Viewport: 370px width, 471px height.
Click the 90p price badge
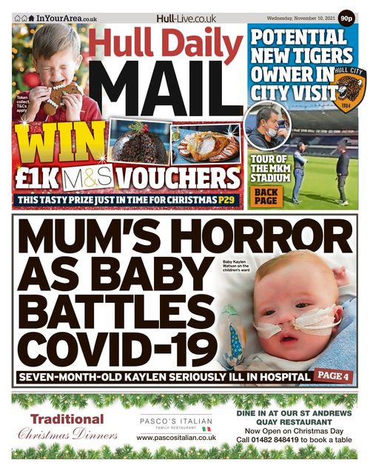[345, 19]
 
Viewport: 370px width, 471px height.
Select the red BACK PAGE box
[266, 196]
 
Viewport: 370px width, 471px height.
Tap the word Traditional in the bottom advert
[67, 419]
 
